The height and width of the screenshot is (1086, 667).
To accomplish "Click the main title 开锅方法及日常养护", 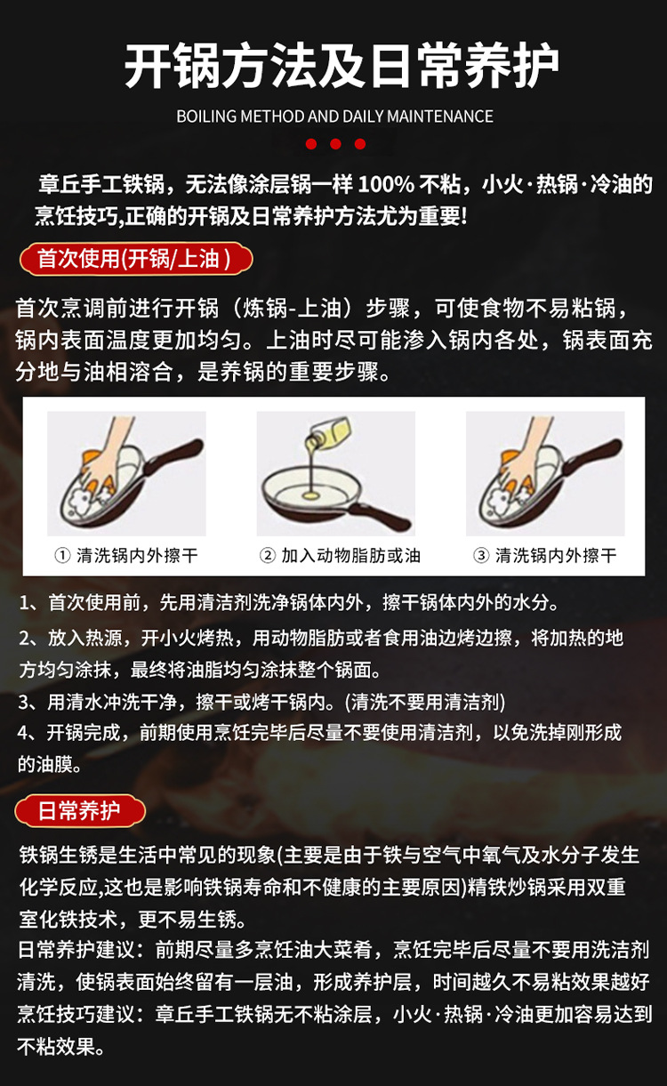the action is pos(342,66).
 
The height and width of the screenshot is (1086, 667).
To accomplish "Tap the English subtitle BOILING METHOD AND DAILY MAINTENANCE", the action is pos(335,117).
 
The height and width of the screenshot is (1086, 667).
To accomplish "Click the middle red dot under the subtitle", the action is pos(335,144).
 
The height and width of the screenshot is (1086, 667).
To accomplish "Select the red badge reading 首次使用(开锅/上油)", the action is pos(136,259).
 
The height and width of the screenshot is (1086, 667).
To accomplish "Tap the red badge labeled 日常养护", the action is pos(80,810).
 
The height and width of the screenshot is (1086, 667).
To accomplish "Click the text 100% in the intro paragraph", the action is pos(386,185).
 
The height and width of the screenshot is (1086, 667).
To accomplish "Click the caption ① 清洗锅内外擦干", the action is pos(126,556).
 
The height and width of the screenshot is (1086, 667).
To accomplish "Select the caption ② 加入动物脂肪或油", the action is pos(340,556).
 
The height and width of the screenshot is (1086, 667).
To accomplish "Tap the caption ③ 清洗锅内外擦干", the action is pos(545,556).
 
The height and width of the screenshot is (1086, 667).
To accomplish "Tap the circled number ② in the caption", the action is pos(267,556).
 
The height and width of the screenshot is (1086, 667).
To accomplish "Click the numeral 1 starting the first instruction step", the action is pos(23,603).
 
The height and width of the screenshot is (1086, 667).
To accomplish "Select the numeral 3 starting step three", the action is pos(24,702).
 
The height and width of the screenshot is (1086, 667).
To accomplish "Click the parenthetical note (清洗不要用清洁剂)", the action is pos(425,702).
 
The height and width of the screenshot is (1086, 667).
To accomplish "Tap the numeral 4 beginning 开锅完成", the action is pos(23,733).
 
